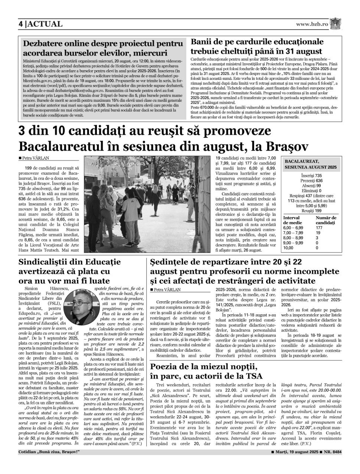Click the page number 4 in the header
(21, 24)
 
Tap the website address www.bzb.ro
(312, 24)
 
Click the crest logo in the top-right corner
(336, 23)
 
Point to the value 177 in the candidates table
(319, 228)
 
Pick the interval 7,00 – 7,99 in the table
(293, 233)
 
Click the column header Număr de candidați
(326, 220)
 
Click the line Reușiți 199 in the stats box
(311, 210)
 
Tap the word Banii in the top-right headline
(202, 42)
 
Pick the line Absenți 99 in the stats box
(311, 186)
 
